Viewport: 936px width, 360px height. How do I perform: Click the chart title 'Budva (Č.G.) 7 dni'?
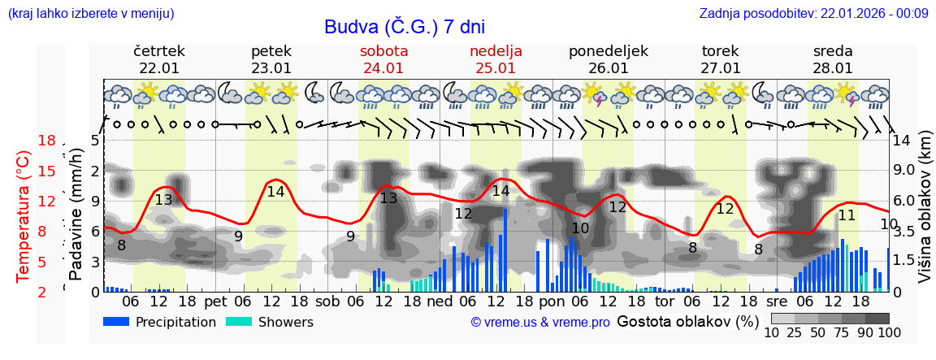pyautogui.click(x=404, y=27)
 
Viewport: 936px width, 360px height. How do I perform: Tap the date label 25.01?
pyautogui.click(x=496, y=68)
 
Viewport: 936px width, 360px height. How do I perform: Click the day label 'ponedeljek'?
pyautogui.click(x=608, y=51)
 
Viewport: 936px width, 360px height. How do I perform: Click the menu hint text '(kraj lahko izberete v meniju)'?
pyautogui.click(x=90, y=13)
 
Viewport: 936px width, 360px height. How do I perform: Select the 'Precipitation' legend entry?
pyautogui.click(x=160, y=322)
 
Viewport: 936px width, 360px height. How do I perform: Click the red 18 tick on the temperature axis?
pyautogui.click(x=47, y=141)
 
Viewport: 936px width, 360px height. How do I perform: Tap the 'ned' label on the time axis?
pyautogui.click(x=440, y=301)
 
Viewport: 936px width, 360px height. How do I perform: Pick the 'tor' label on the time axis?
pyautogui.click(x=665, y=301)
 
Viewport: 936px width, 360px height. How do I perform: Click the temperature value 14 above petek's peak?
pyautogui.click(x=275, y=192)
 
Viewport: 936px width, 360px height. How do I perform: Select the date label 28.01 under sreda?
pyautogui.click(x=833, y=68)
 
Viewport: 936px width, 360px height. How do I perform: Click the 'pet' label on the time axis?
pyautogui.click(x=215, y=301)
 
